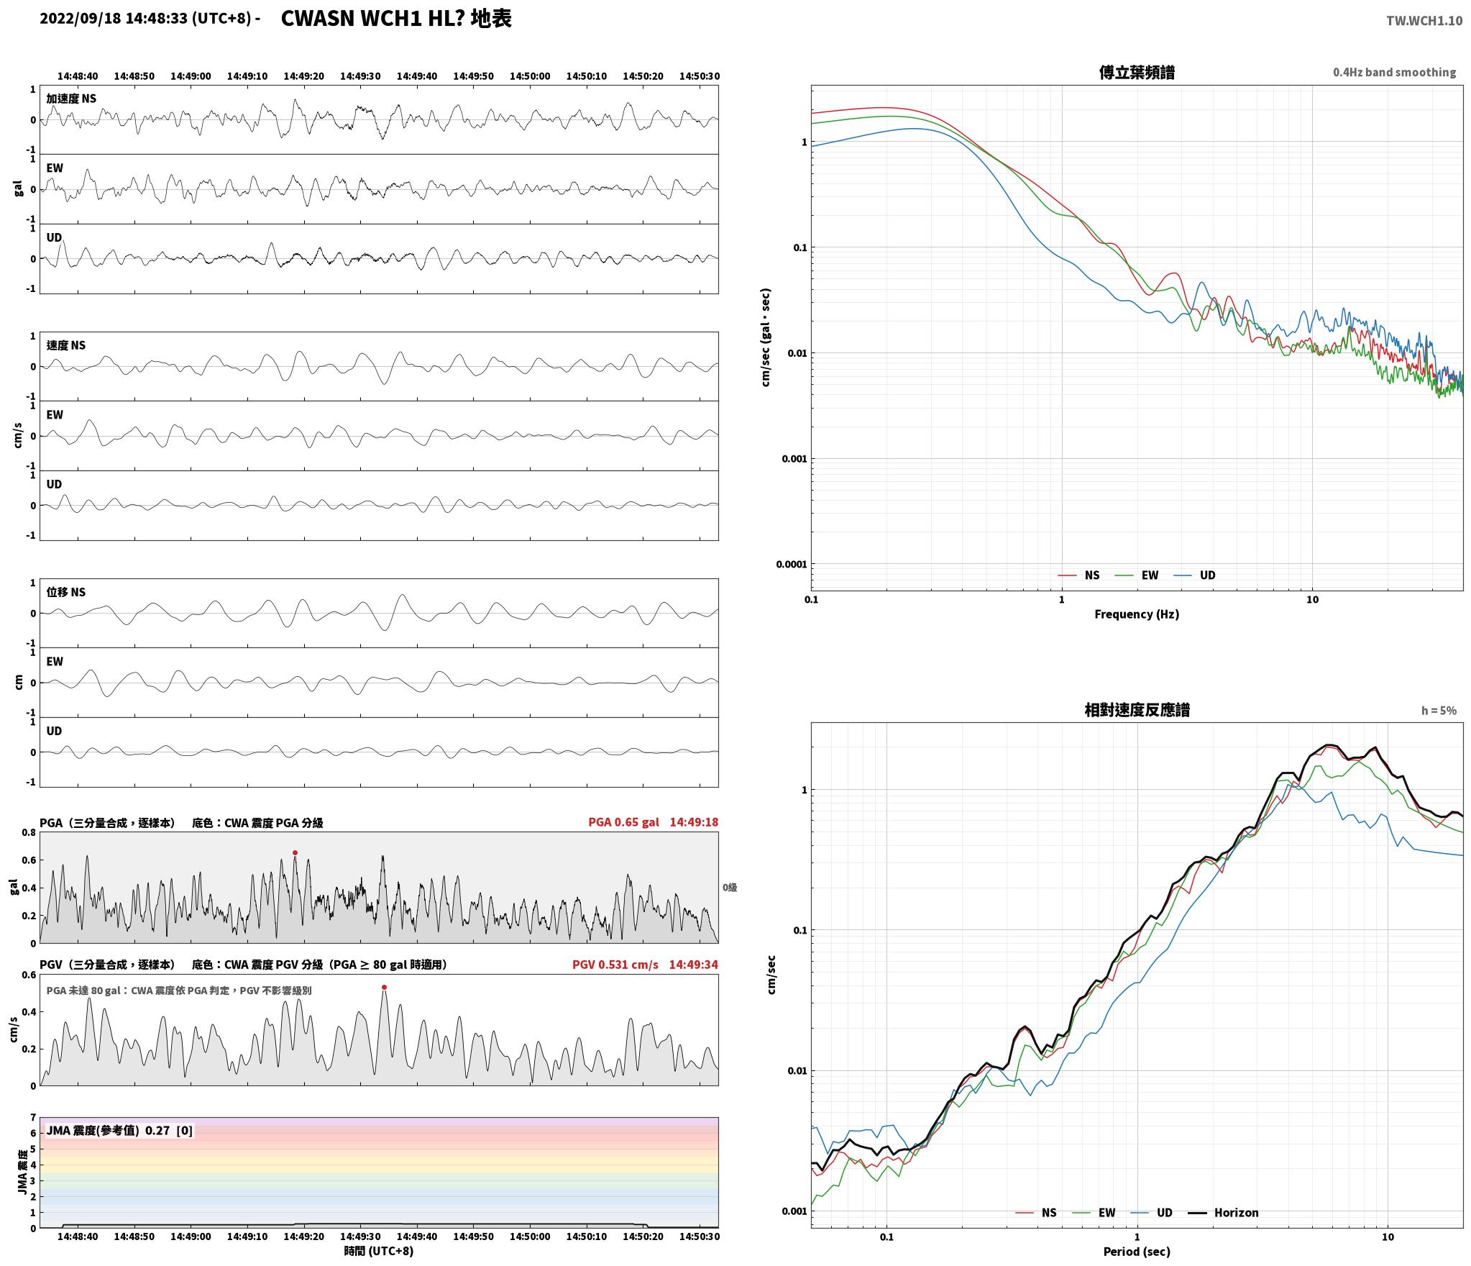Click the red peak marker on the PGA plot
click(295, 853)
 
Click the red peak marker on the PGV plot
click(384, 988)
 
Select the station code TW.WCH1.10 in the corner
click(1424, 21)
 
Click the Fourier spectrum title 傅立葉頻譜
click(1137, 73)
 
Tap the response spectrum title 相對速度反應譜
click(1137, 711)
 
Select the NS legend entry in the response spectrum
click(1036, 1213)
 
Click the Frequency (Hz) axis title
click(1137, 614)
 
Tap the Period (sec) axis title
click(1137, 1252)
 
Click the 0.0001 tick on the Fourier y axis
click(792, 564)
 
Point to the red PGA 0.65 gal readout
click(623, 822)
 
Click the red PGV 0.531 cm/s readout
click(615, 965)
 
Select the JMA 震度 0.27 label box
click(119, 1131)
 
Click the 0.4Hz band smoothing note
click(1395, 73)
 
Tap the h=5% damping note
click(1439, 711)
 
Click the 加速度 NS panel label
click(71, 99)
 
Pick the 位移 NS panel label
click(66, 592)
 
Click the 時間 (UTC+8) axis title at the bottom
click(379, 1251)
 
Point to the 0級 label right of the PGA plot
click(730, 888)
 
